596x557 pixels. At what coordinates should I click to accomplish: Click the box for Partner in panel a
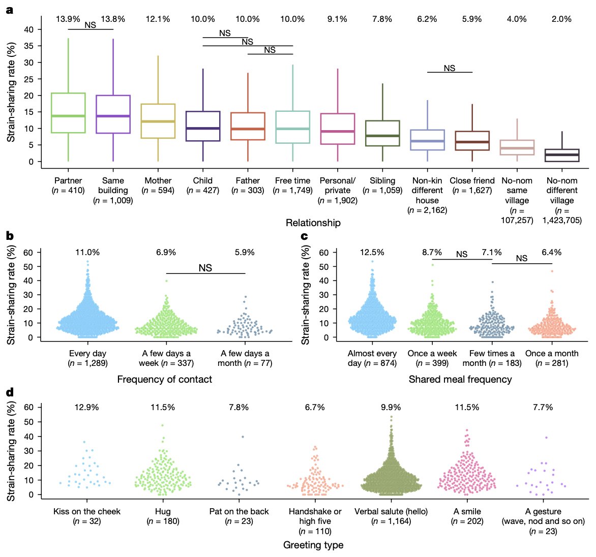pyautogui.click(x=68, y=113)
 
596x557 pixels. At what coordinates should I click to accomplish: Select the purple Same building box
pyautogui.click(x=113, y=114)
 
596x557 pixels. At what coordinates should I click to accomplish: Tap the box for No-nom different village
pyautogui.click(x=562, y=155)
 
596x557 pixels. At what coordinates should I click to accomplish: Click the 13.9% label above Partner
pyautogui.click(x=68, y=19)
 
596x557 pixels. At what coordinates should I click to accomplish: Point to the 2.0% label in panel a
pyautogui.click(x=562, y=19)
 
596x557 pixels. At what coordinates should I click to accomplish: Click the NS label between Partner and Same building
pyautogui.click(x=90, y=25)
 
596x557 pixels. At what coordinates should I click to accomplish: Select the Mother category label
pyautogui.click(x=158, y=180)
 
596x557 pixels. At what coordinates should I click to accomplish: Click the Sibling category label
pyautogui.click(x=382, y=180)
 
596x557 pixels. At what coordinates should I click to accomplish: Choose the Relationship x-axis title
pyautogui.click(x=313, y=223)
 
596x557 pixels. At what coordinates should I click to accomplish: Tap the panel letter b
pyautogui.click(x=10, y=235)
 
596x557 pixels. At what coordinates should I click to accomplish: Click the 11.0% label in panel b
pyautogui.click(x=87, y=253)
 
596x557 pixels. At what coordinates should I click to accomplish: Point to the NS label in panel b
pyautogui.click(x=205, y=268)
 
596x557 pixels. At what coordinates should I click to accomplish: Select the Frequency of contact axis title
pyautogui.click(x=165, y=379)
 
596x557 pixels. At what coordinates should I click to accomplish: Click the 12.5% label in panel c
pyautogui.click(x=372, y=253)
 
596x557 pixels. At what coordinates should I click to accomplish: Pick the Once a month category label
pyautogui.click(x=552, y=353)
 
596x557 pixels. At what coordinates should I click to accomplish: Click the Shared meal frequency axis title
pyautogui.click(x=460, y=379)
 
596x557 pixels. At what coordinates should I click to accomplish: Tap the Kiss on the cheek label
pyautogui.click(x=87, y=511)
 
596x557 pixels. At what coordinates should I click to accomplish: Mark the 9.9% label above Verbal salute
pyautogui.click(x=391, y=408)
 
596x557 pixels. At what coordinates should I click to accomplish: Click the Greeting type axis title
pyautogui.click(x=313, y=545)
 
